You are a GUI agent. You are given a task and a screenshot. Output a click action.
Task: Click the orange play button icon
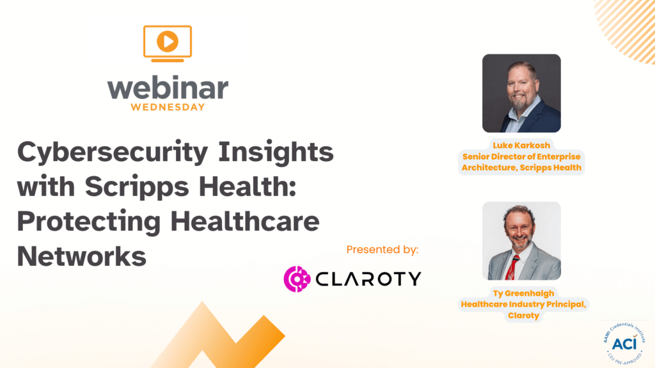(168, 42)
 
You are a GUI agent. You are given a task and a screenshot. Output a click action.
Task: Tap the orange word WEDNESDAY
(168, 107)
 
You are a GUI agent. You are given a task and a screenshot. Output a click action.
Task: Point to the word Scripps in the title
(138, 187)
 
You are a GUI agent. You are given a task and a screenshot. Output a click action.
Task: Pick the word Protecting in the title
(89, 222)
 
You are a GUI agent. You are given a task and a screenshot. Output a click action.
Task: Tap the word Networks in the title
(82, 256)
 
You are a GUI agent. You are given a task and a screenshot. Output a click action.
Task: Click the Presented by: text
(383, 250)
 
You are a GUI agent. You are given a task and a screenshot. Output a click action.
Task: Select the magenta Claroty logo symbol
(297, 279)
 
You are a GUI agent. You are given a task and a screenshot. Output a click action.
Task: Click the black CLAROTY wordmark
(368, 279)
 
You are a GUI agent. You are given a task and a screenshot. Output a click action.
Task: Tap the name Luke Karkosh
(521, 145)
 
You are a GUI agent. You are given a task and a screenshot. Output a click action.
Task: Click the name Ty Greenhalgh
(523, 293)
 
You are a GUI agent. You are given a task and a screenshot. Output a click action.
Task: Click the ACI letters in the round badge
(624, 344)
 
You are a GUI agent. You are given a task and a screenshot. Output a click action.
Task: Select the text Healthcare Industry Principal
(523, 304)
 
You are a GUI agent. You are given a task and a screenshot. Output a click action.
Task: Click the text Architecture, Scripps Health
(521, 167)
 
